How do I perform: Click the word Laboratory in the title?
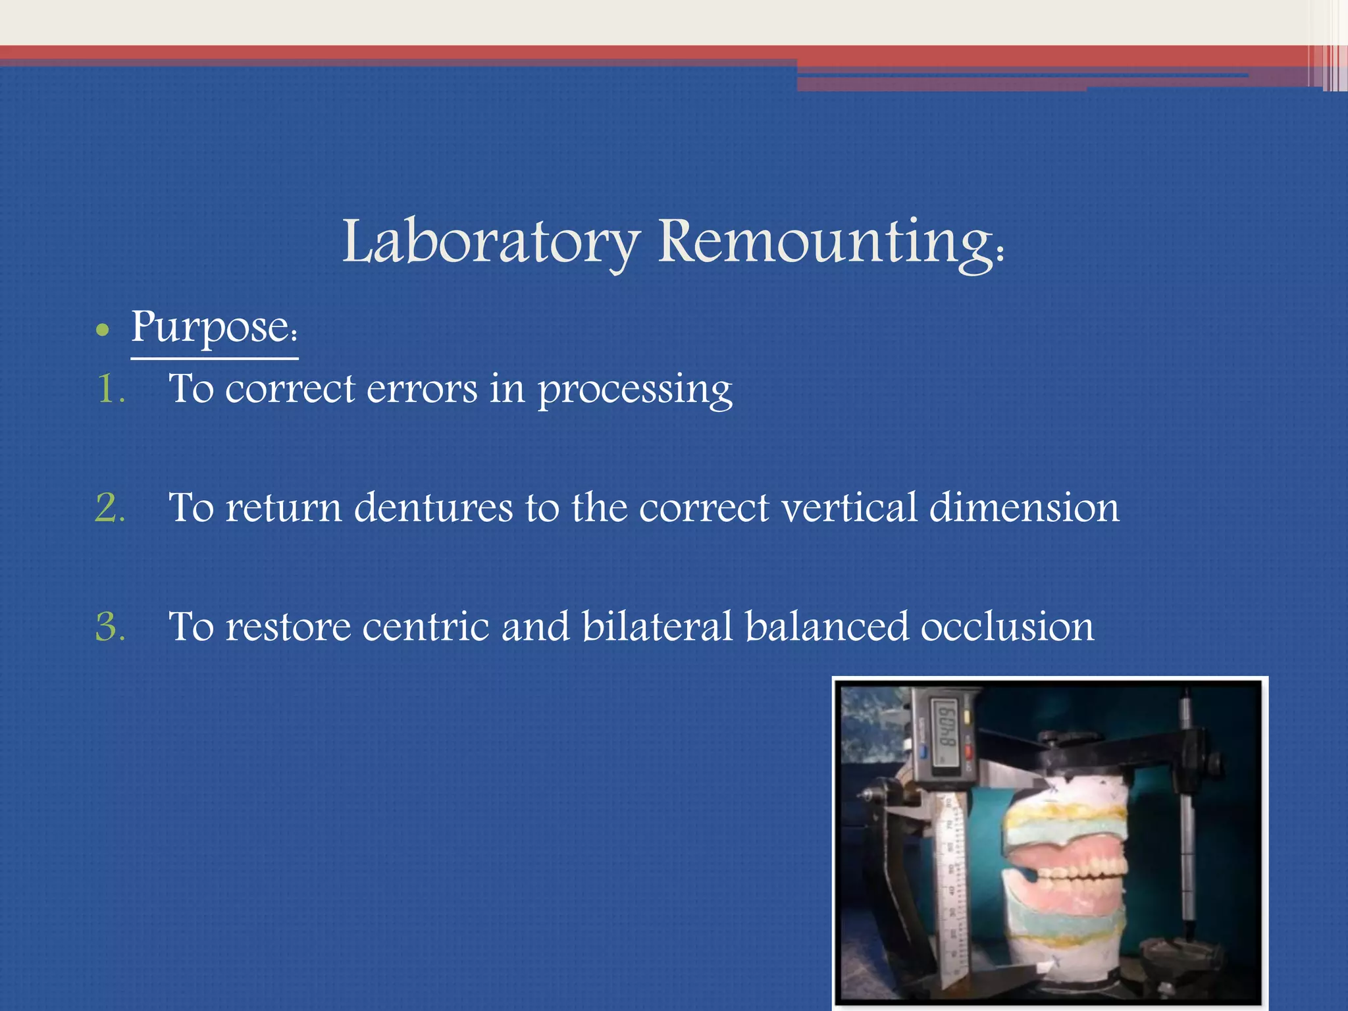tap(490, 242)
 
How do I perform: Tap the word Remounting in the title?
tap(831, 242)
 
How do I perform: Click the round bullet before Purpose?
tap(101, 330)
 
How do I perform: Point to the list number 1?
tap(109, 388)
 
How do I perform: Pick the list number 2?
tap(110, 508)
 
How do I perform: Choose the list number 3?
tap(110, 627)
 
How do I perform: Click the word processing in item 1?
tap(635, 390)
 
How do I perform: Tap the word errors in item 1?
tap(422, 389)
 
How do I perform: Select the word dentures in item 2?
tap(433, 508)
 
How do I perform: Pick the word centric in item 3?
tap(425, 627)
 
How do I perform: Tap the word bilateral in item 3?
tap(657, 627)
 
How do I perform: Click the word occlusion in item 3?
tap(1007, 627)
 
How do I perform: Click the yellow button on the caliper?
tap(967, 717)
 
